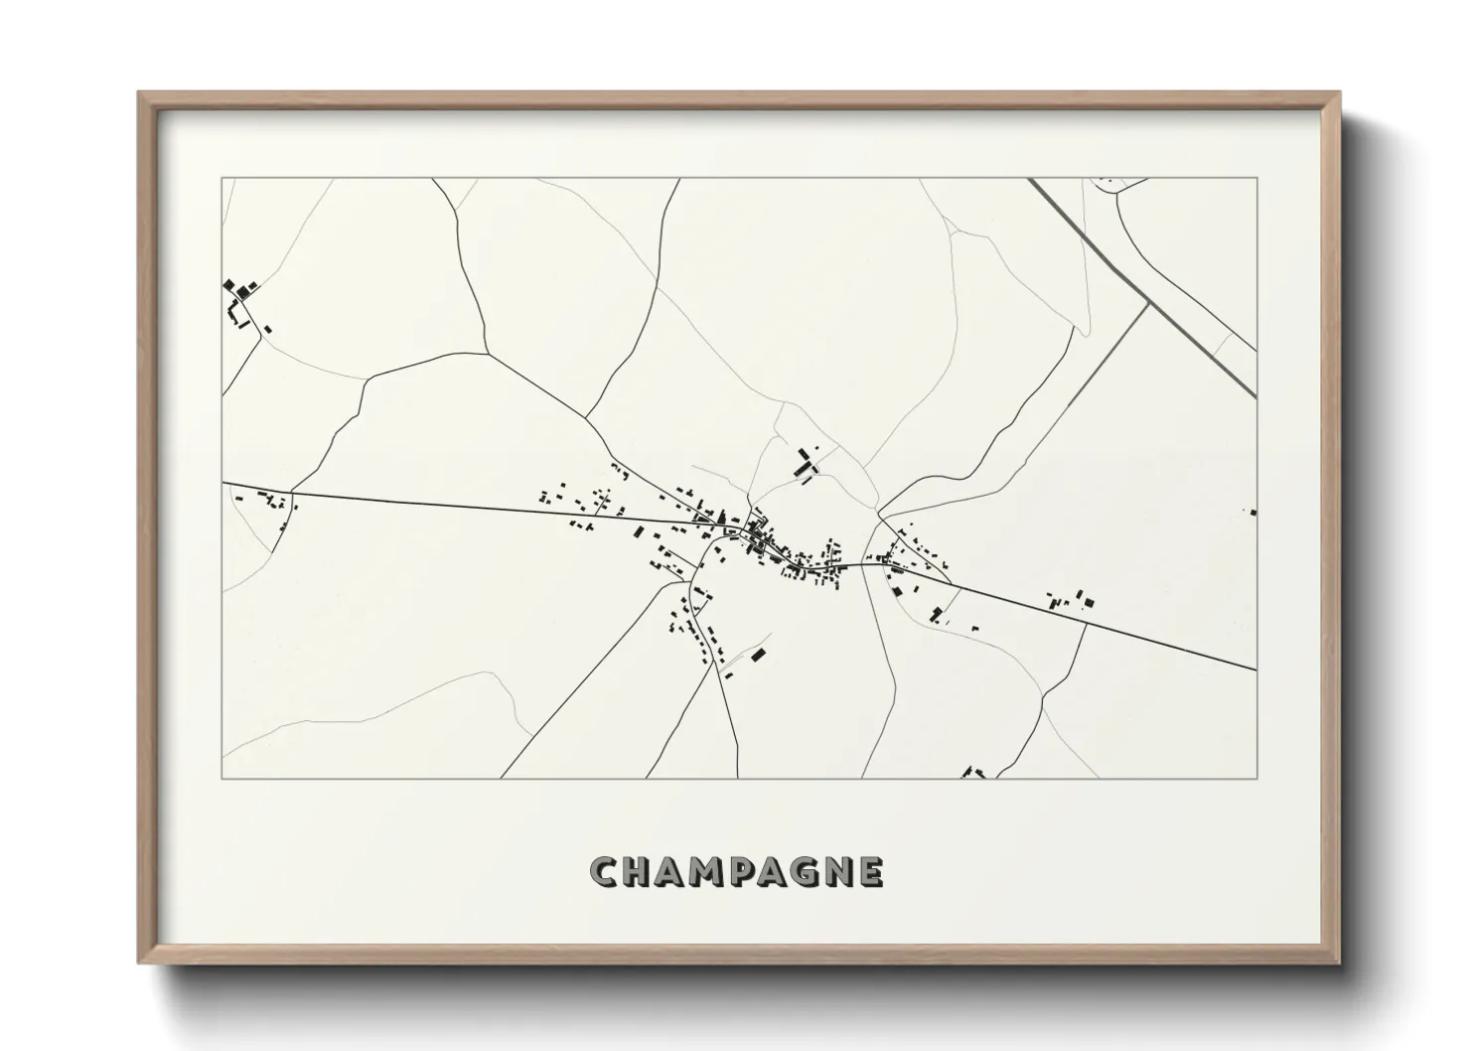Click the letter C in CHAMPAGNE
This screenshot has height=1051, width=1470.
pos(604,873)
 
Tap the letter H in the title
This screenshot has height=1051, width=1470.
pos(639,873)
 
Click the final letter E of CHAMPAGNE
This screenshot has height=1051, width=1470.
pos(870,873)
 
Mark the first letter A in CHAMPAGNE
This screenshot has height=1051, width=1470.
pos(671,873)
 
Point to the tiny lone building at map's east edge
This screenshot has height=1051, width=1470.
pos(1252,513)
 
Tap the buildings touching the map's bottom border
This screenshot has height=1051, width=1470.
pos(973,773)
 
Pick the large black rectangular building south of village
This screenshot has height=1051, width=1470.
pos(760,655)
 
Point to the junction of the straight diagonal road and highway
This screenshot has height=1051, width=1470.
pos(1149,304)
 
